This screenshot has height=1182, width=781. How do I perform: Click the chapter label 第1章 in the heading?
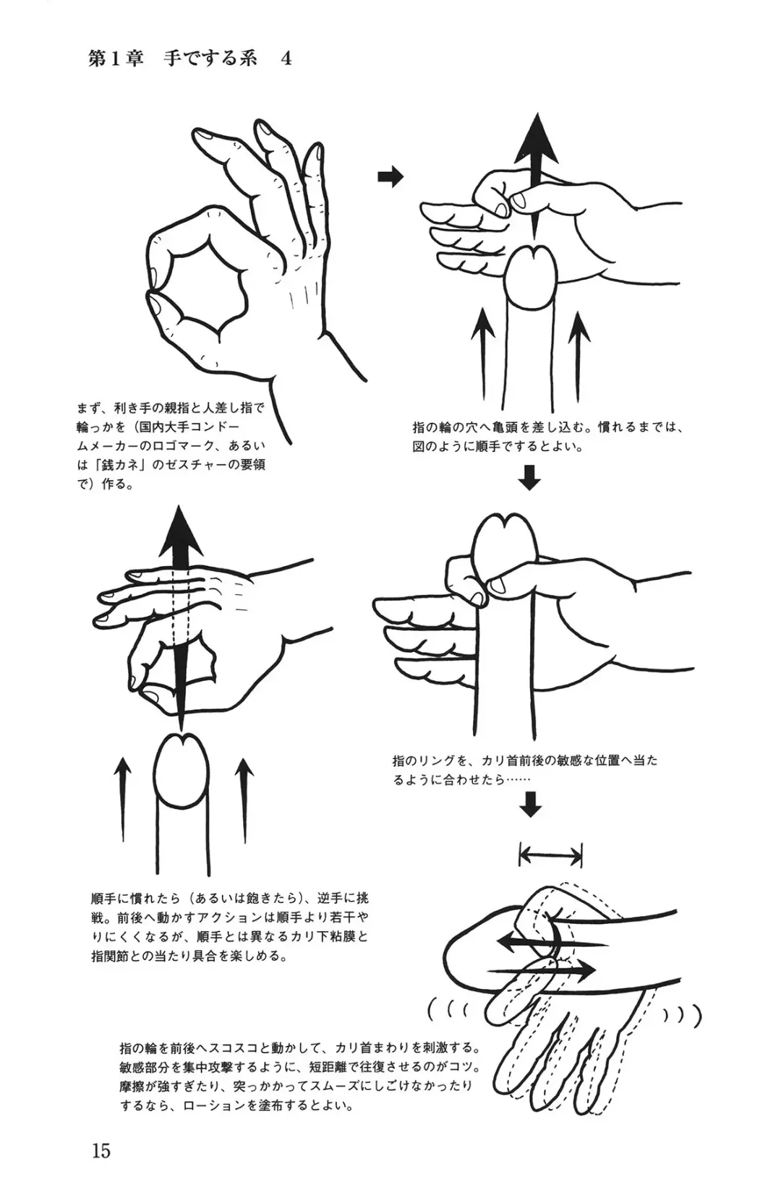tap(116, 59)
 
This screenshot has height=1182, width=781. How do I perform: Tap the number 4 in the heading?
tap(286, 59)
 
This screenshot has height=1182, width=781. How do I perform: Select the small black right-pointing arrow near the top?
tap(390, 176)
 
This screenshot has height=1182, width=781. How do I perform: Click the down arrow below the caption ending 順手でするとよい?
tap(529, 477)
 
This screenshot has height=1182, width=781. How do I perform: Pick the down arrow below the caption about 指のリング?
tap(530, 804)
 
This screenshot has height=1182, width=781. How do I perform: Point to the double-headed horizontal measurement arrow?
tap(550, 855)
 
